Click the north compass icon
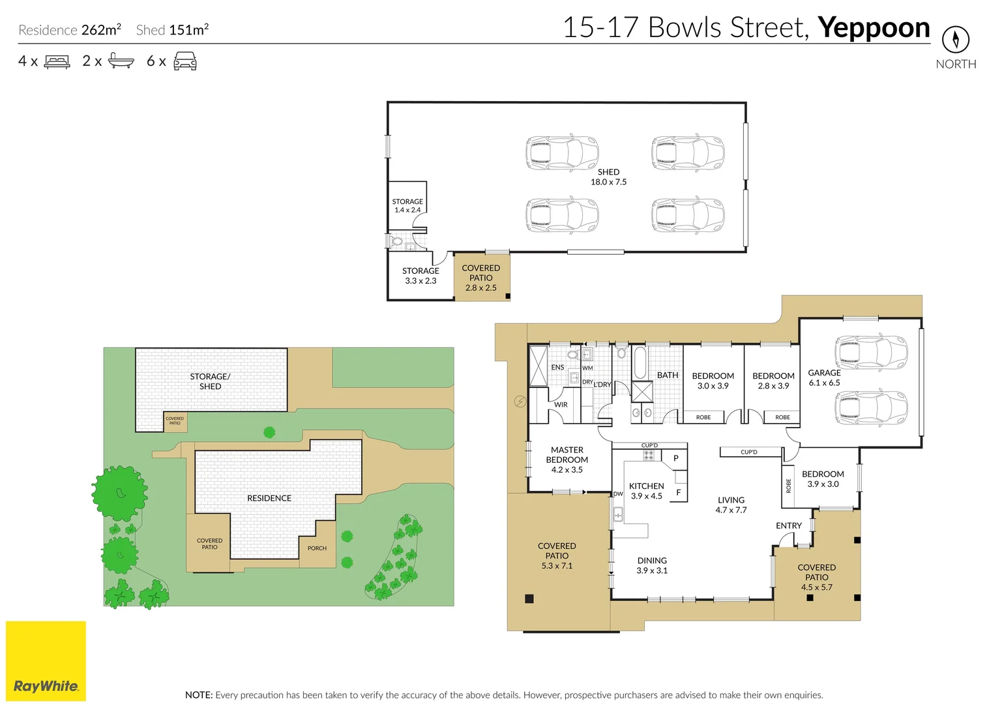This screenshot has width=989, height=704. point(956,40)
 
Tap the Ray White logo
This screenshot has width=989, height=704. point(46,661)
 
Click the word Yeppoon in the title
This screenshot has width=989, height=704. point(874,29)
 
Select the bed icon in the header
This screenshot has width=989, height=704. point(57,61)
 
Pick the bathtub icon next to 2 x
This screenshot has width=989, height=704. point(121,61)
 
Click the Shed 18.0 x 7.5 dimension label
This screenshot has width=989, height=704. point(608,177)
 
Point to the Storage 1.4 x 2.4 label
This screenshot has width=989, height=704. point(407,206)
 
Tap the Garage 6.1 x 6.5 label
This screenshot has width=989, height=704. point(824,378)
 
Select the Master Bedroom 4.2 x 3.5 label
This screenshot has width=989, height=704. point(567,460)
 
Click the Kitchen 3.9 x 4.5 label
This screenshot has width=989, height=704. point(646,491)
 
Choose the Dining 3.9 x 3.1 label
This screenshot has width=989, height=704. point(652,565)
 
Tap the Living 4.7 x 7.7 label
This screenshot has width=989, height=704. point(731,505)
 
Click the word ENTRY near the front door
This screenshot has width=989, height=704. point(789,525)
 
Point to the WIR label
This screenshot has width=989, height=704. point(561,404)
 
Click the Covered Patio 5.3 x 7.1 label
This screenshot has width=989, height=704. point(557,555)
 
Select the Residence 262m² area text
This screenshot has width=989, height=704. point(70,29)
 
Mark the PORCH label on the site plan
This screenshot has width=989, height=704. point(317,548)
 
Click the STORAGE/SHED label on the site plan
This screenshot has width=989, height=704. point(210,381)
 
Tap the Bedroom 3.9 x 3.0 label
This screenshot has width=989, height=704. point(823,479)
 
